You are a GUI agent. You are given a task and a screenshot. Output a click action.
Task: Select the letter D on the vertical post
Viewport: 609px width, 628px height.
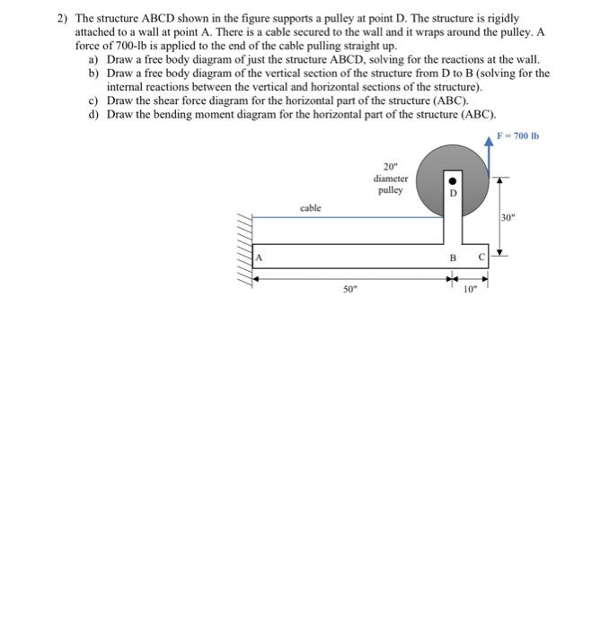tap(453, 193)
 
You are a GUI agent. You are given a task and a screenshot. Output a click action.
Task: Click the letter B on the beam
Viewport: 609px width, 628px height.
tap(453, 257)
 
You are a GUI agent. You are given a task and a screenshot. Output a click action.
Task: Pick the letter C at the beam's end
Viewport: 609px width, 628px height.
tap(481, 257)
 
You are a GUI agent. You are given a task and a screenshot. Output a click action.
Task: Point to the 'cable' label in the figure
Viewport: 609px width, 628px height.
tap(312, 207)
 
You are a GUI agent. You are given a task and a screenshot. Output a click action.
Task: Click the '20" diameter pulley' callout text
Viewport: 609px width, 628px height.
tap(393, 178)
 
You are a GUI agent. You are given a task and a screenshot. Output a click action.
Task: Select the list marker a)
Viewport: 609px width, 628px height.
tap(94, 58)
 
